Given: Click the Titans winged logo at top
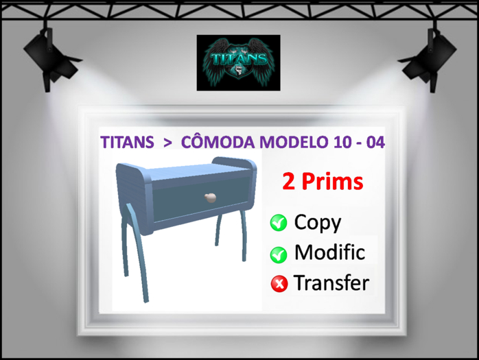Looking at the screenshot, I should (238, 62).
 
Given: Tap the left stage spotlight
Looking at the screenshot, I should (49, 56).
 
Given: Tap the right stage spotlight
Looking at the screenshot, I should (431, 55).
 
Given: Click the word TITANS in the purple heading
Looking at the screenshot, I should (127, 143).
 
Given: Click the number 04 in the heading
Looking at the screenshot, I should (375, 143).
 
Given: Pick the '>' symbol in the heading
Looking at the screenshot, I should (167, 143).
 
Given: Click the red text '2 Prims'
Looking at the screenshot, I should (322, 182).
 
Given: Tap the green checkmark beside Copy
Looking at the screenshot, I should (279, 223).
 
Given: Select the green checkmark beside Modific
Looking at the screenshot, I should (279, 254).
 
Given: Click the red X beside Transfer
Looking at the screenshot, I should (279, 284).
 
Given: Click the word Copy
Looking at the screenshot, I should (317, 222).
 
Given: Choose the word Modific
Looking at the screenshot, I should (329, 252).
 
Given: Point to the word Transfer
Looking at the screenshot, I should (331, 283).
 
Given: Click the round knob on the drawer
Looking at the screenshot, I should (210, 198).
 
